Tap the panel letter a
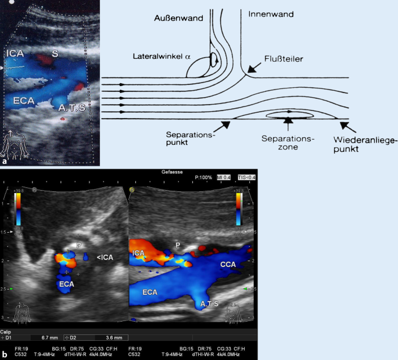click(x=5, y=155)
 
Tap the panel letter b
click(x=5, y=354)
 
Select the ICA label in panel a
click(x=15, y=54)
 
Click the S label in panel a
click(x=55, y=53)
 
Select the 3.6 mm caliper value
click(x=114, y=337)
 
